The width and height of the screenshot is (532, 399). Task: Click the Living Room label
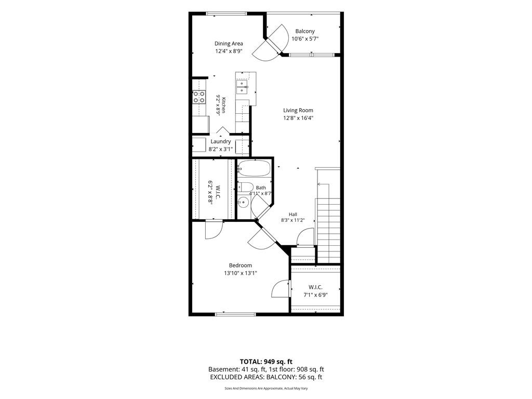[298, 110]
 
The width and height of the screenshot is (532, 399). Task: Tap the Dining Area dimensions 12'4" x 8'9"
[229, 51]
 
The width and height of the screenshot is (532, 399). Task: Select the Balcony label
[305, 31]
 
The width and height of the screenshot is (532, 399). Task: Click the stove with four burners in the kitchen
[199, 97]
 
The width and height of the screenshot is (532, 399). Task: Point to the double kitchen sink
[243, 87]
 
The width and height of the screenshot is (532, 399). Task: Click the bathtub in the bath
[254, 168]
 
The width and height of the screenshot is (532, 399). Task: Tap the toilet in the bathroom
[245, 187]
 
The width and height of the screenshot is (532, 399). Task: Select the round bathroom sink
[243, 203]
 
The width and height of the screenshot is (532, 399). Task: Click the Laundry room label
[220, 141]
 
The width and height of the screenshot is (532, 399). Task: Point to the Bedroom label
[240, 265]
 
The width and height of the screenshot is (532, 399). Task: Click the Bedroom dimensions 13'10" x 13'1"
[240, 273]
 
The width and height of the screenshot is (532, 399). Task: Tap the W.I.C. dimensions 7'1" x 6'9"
[315, 295]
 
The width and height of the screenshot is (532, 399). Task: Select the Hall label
[293, 215]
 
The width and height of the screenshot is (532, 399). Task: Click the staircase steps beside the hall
[328, 231]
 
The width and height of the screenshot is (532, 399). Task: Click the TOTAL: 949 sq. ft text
[266, 362]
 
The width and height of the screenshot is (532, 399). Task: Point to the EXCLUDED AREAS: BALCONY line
[266, 377]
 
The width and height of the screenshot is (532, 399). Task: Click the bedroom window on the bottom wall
[235, 314]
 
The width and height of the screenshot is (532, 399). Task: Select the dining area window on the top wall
[227, 14]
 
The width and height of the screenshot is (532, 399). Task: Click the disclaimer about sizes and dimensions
[266, 389]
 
